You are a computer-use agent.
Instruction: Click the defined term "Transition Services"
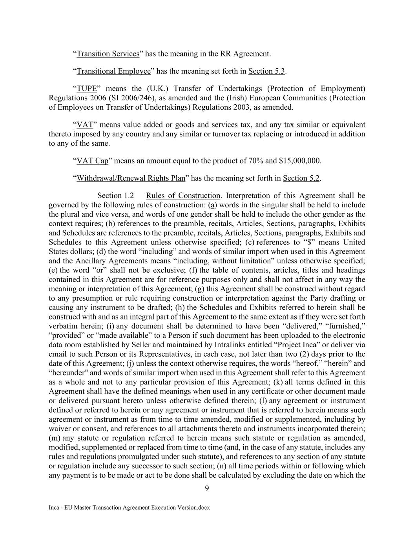[108, 54]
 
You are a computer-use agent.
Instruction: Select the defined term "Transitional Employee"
[114, 71]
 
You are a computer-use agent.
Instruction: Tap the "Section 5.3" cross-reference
[267, 71]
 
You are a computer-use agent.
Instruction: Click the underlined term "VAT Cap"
[92, 161]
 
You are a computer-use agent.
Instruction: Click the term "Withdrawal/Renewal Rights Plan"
[131, 178]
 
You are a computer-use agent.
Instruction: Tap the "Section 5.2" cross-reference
[301, 178]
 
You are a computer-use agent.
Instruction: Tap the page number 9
[207, 488]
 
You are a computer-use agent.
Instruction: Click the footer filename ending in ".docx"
[129, 508]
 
